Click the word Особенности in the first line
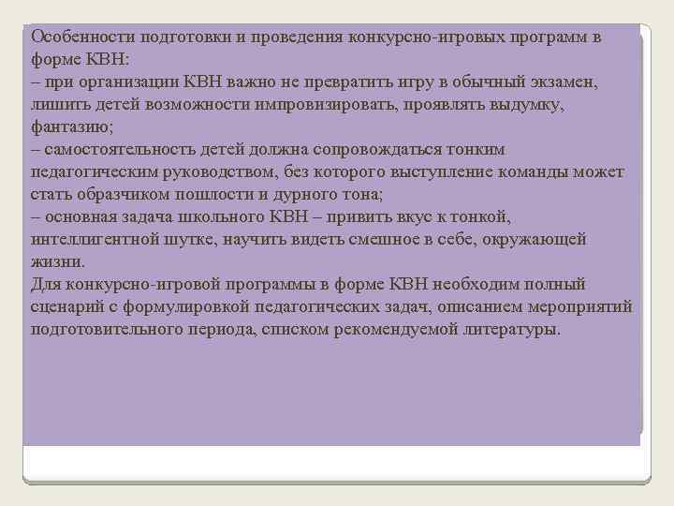82,37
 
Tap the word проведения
299,37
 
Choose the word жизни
56,262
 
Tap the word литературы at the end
511,330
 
